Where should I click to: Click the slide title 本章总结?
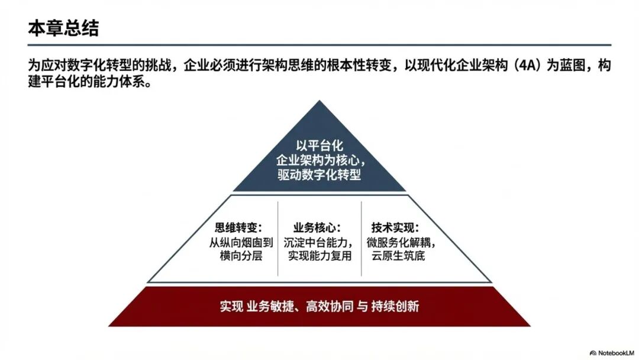[63, 28]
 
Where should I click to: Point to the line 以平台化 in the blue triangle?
[319, 145]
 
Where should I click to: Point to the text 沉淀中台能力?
[319, 242]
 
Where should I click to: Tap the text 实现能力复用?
[319, 256]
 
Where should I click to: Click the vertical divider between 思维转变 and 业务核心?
[278, 238]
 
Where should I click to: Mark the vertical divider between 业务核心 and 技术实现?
[361, 238]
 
